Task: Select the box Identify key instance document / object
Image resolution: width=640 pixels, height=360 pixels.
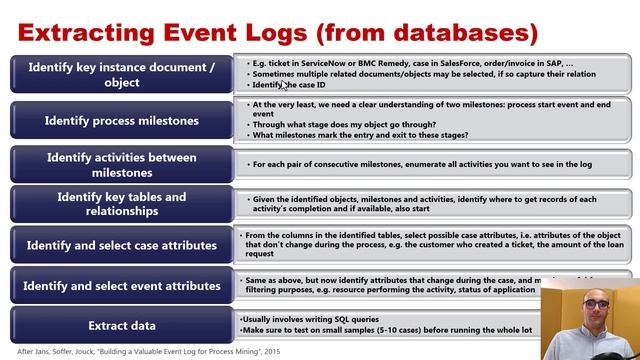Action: tap(120, 74)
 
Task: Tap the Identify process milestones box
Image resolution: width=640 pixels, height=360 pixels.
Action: tap(120, 120)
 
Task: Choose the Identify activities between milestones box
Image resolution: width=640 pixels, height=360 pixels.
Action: tap(120, 164)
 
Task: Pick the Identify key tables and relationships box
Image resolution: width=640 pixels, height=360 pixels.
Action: tap(120, 204)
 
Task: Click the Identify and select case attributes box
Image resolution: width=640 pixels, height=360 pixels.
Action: tap(120, 245)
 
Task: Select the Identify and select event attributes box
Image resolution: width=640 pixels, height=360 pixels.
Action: tap(120, 286)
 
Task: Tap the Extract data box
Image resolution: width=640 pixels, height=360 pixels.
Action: tap(120, 325)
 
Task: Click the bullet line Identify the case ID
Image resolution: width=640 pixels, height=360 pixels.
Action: tap(290, 85)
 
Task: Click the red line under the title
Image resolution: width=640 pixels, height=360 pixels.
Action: tap(320, 50)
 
